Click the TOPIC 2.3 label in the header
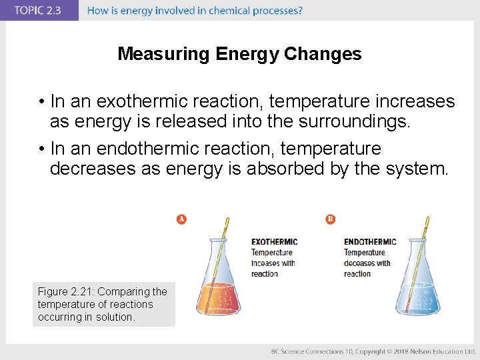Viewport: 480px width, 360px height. (39, 11)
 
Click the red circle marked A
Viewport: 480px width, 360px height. (181, 219)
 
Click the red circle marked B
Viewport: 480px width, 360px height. (330, 219)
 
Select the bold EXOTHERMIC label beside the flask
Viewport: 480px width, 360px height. (274, 242)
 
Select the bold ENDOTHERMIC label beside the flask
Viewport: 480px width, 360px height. (370, 242)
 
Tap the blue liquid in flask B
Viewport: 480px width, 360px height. (417, 299)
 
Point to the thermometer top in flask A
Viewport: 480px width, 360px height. (227, 222)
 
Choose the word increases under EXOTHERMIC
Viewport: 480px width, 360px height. (265, 263)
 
